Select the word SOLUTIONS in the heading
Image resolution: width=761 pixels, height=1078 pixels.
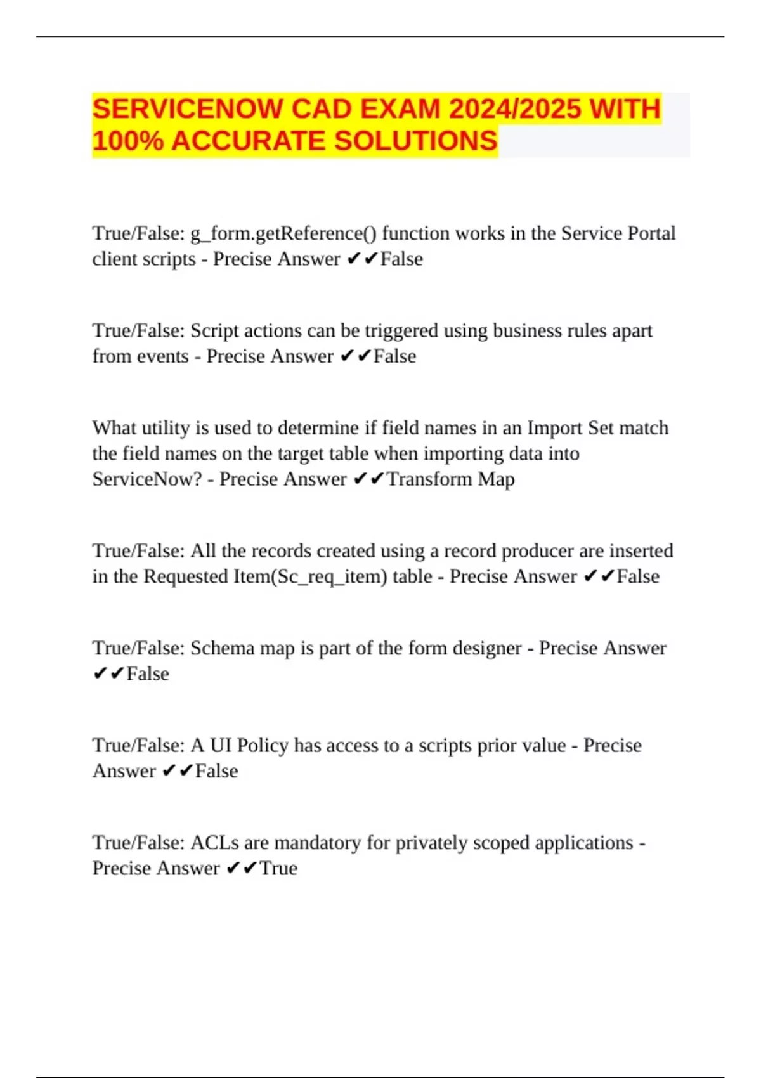pyautogui.click(x=415, y=141)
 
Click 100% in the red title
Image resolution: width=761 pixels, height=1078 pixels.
pyautogui.click(x=127, y=141)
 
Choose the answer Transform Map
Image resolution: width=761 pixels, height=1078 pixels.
pyautogui.click(x=451, y=479)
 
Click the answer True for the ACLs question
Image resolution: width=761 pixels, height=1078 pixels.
pyautogui.click(x=278, y=868)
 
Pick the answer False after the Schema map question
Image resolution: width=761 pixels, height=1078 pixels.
pyautogui.click(x=148, y=673)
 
